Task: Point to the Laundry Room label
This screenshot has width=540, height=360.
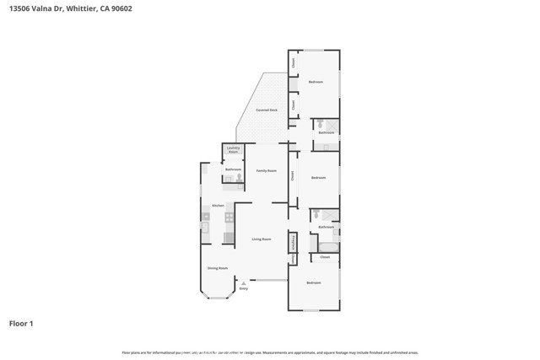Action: point(233,150)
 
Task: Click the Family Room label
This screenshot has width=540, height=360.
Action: point(267,170)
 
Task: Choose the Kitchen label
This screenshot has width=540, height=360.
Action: point(217,206)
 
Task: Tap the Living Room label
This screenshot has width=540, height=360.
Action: point(262,239)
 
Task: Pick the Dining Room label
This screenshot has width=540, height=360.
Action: point(218,268)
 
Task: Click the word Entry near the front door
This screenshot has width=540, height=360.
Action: point(244,289)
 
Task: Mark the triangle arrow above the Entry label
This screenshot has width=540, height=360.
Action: point(244,282)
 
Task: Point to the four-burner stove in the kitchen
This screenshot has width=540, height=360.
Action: point(228,218)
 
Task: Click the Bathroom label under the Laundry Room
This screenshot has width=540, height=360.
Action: point(233,170)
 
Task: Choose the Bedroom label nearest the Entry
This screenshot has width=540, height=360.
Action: point(314,282)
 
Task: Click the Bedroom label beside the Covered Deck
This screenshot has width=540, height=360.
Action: point(315,82)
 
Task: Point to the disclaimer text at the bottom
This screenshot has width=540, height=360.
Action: point(270,352)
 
